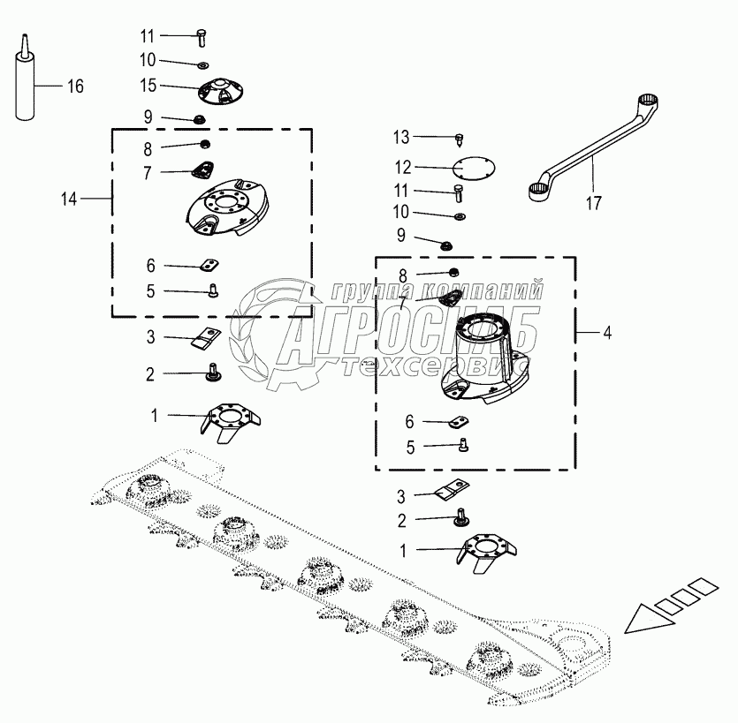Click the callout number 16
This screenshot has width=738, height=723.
tap(75, 86)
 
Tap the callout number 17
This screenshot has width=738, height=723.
tap(593, 203)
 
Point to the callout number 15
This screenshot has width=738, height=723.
tap(147, 86)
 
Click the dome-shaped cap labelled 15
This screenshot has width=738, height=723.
tap(214, 91)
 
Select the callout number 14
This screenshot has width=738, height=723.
tap(69, 200)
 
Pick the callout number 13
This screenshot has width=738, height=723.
tap(402, 137)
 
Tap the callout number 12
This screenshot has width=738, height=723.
tap(403, 166)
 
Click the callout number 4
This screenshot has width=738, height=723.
tap(606, 333)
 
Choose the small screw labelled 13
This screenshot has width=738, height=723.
tap(460, 138)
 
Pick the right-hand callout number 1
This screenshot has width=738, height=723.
tap(403, 550)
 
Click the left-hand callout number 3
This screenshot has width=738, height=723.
tap(150, 336)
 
